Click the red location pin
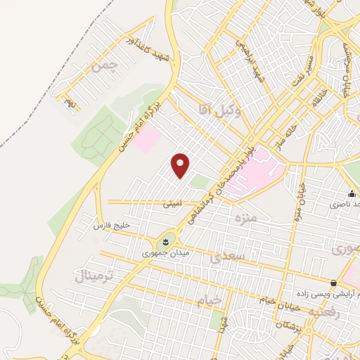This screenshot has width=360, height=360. coord(181,165)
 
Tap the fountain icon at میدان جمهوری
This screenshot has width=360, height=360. coord(166,240)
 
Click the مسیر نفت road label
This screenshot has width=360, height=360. coord(307,60)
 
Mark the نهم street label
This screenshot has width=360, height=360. coord(69,103)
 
